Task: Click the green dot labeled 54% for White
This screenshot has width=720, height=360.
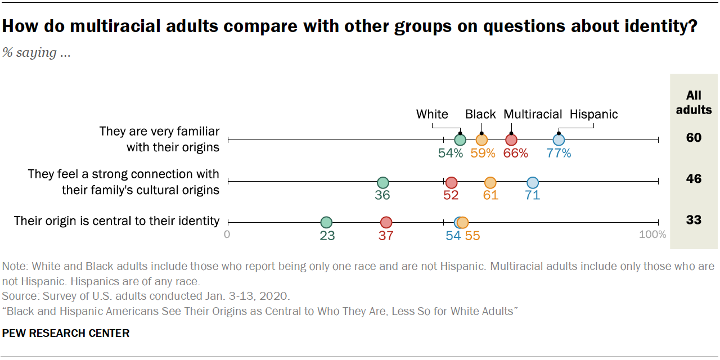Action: (x=460, y=140)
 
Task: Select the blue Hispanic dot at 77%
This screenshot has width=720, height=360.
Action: (x=559, y=140)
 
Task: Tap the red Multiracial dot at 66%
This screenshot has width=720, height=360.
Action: (x=511, y=140)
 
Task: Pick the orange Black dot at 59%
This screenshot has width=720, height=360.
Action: (x=481, y=140)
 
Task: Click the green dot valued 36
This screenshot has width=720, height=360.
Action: (x=382, y=183)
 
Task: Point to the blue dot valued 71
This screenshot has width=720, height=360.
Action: (x=533, y=183)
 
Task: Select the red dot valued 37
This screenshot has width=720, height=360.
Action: (x=386, y=223)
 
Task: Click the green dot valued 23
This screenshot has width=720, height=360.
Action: (x=326, y=223)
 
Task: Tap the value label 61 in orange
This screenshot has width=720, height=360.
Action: (x=490, y=196)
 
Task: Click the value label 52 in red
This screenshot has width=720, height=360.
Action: (x=451, y=196)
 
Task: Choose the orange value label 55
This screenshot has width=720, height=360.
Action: (x=472, y=236)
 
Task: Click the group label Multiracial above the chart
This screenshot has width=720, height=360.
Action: (x=532, y=114)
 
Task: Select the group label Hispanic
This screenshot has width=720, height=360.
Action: (x=594, y=114)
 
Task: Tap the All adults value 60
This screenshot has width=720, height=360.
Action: (x=694, y=138)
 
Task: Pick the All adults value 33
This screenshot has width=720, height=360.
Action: (x=694, y=220)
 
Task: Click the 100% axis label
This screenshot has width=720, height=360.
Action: (x=652, y=235)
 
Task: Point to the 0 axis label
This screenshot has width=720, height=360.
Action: (x=227, y=235)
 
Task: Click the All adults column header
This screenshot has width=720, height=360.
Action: (x=694, y=102)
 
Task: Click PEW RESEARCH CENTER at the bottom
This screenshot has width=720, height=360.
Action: (x=66, y=333)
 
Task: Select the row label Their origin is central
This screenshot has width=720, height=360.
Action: (x=116, y=220)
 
